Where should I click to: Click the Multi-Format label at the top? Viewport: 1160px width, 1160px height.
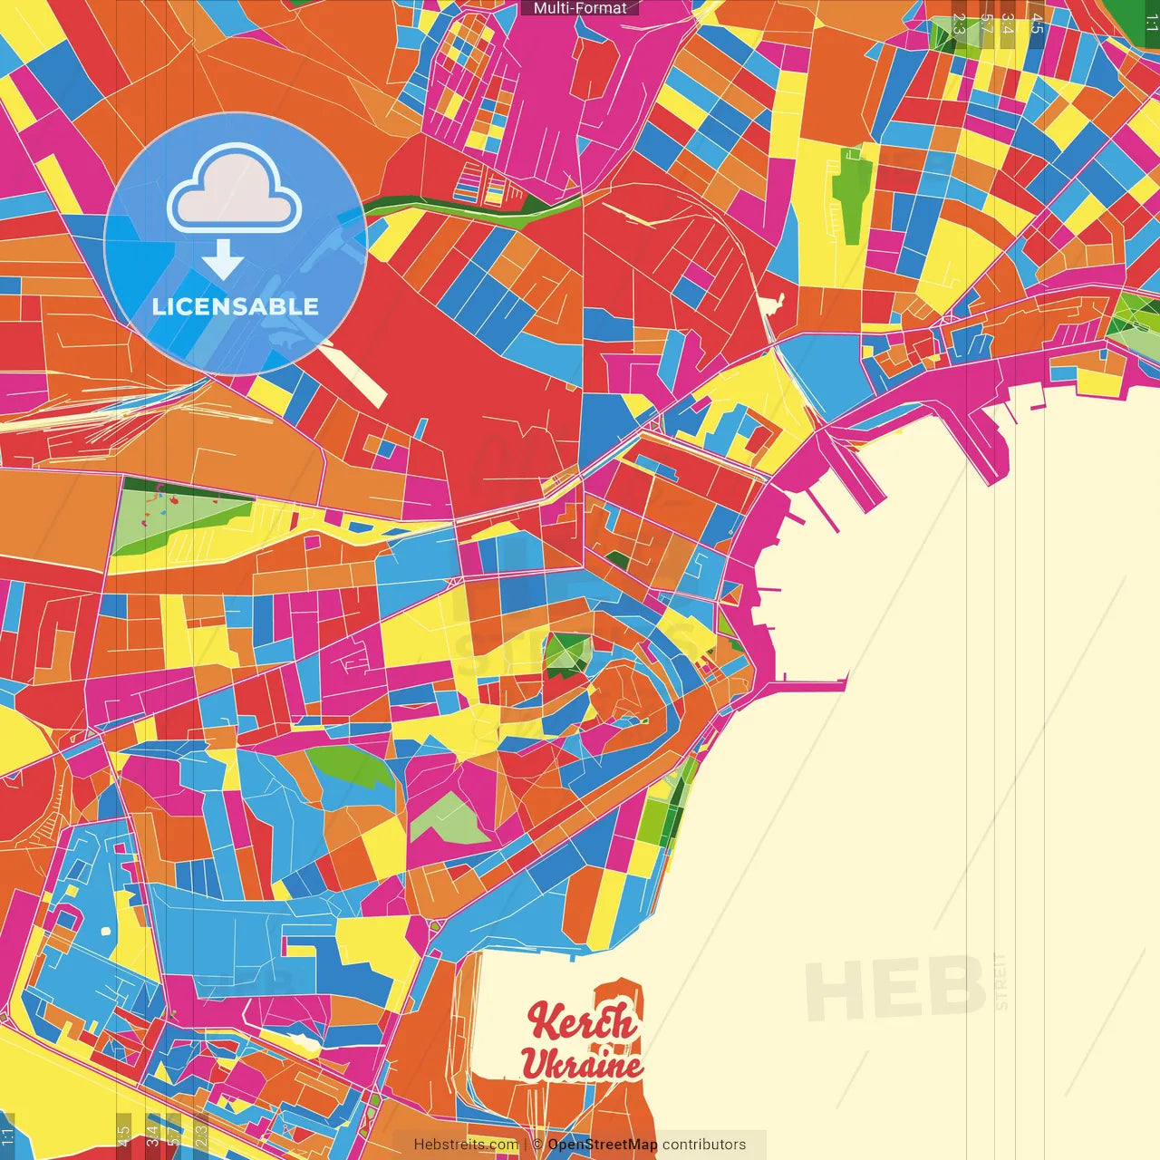pyautogui.click(x=580, y=8)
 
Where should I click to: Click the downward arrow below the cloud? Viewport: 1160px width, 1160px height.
pyautogui.click(x=223, y=260)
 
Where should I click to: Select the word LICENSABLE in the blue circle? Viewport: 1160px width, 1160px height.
pyautogui.click(x=236, y=306)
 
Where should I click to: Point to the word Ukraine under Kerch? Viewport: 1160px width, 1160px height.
pyautogui.click(x=582, y=1064)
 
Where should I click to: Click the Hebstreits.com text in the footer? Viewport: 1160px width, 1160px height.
pyautogui.click(x=466, y=1145)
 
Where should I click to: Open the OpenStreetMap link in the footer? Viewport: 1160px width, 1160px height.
pyautogui.click(x=603, y=1145)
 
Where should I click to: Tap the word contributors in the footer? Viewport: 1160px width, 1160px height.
pyautogui.click(x=704, y=1145)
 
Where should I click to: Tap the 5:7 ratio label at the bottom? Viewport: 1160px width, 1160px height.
pyautogui.click(x=174, y=1135)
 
